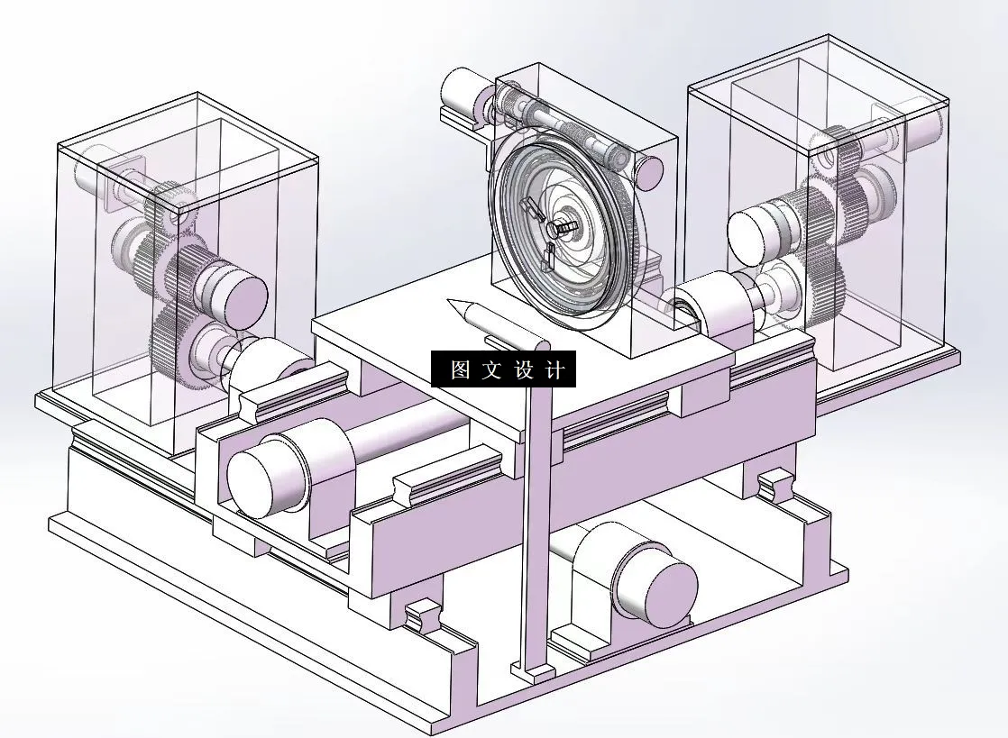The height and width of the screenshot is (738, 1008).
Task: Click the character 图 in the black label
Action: [461, 370]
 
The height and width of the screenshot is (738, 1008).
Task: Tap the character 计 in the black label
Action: [554, 370]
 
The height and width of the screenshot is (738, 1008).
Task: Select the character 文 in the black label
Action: [492, 370]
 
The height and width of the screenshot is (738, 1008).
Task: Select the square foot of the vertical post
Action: [533, 670]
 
